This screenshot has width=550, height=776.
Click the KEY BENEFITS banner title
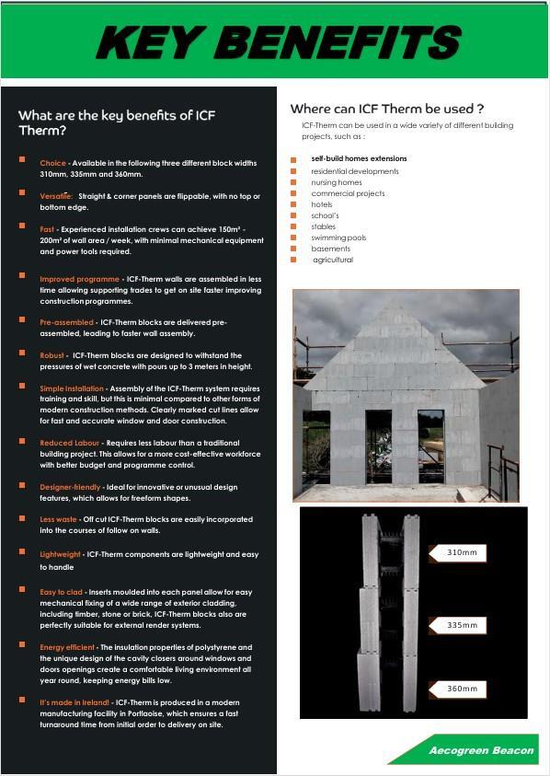pyautogui.click(x=279, y=42)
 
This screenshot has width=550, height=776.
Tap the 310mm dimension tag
pyautogui.click(x=457, y=553)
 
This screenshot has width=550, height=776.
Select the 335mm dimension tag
pyautogui.click(x=457, y=626)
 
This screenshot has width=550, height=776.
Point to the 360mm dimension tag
pyautogui.click(x=457, y=689)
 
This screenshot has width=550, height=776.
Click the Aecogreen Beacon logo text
pyautogui.click(x=481, y=751)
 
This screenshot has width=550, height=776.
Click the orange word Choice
pyautogui.click(x=53, y=163)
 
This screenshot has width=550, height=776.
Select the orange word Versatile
pyautogui.click(x=56, y=196)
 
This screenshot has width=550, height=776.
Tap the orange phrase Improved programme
pyautogui.click(x=80, y=279)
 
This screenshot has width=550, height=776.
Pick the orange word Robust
pyautogui.click(x=52, y=355)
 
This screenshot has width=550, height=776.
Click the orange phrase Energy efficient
pyautogui.click(x=67, y=647)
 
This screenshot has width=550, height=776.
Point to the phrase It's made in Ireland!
pyautogui.click(x=74, y=702)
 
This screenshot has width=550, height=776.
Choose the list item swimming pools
pyautogui.click(x=338, y=238)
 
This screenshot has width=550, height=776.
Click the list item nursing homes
pyautogui.click(x=337, y=182)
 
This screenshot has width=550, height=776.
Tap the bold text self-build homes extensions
pyautogui.click(x=359, y=159)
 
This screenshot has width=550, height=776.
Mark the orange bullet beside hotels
pyautogui.click(x=293, y=204)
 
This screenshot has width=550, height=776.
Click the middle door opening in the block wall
pyautogui.click(x=378, y=446)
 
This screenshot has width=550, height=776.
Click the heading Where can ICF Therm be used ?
pyautogui.click(x=387, y=109)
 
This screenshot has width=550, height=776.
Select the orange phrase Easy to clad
pyautogui.click(x=62, y=592)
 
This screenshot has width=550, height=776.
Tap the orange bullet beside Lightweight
pyautogui.click(x=22, y=551)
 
